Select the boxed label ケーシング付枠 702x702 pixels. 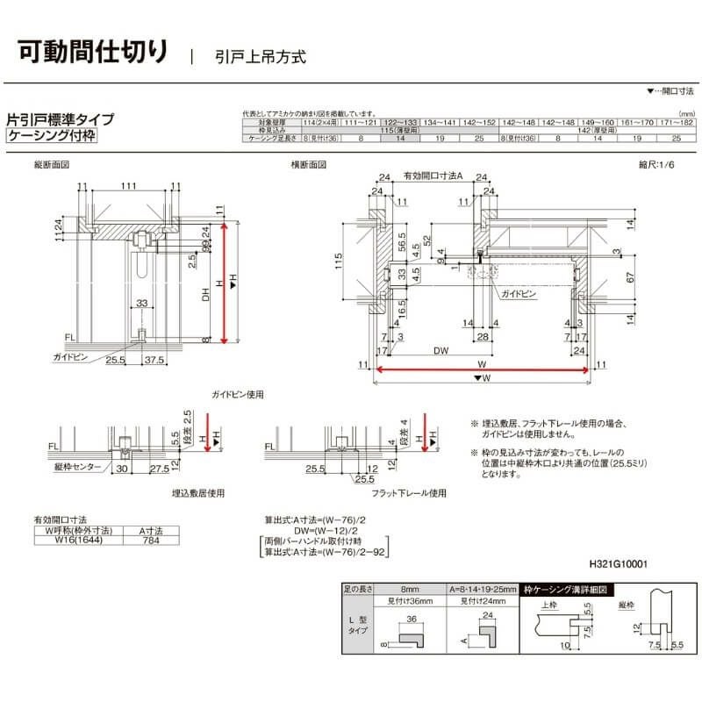(x=51, y=136)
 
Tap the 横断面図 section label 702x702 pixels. (x=309, y=165)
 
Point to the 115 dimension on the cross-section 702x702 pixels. (x=337, y=261)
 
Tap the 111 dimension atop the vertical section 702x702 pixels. (x=128, y=187)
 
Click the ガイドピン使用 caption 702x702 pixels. (x=238, y=395)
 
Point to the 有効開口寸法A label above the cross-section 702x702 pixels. (x=433, y=176)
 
